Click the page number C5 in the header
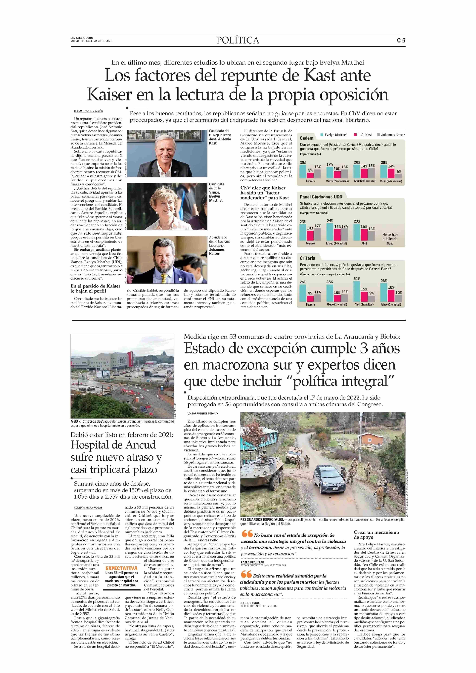(x=401, y=40)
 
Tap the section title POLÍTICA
(x=238, y=40)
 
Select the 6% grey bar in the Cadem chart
(x=398, y=176)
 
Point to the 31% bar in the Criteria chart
(x=356, y=291)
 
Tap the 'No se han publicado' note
(x=390, y=237)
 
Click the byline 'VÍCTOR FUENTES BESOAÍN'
(x=203, y=413)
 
